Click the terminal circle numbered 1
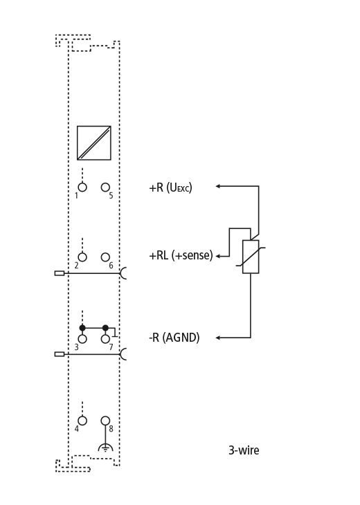pyautogui.click(x=82, y=187)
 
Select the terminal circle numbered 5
pyautogui.click(x=105, y=187)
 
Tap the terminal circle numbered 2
pyautogui.click(x=82, y=257)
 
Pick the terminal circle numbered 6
pyautogui.click(x=105, y=257)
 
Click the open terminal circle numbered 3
pyautogui.click(x=82, y=339)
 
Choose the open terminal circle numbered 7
pyautogui.click(x=105, y=339)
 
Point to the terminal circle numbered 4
pyautogui.click(x=82, y=421)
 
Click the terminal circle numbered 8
pyautogui.click(x=105, y=421)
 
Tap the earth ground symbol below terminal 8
pyautogui.click(x=105, y=448)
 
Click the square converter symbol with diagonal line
pyautogui.click(x=93, y=143)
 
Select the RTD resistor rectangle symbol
pyautogui.click(x=251, y=257)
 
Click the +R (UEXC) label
pyautogui.click(x=170, y=187)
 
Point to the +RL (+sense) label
pyautogui.click(x=181, y=256)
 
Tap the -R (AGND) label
pyautogui.click(x=174, y=338)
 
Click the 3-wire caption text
pyautogui.click(x=244, y=450)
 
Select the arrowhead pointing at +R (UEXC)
pyautogui.click(x=218, y=186)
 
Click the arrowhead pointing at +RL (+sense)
pyautogui.click(x=218, y=257)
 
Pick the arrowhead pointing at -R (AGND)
pyautogui.click(x=218, y=338)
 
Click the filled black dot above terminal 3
pyautogui.click(x=82, y=328)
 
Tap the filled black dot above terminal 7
pyautogui.click(x=105, y=328)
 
